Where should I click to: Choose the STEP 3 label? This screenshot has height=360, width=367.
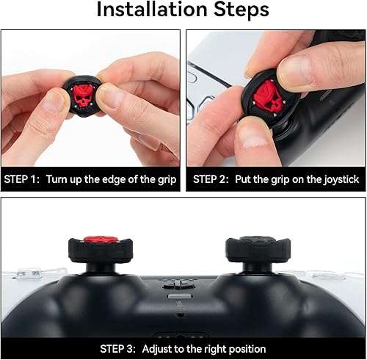coord(120,349)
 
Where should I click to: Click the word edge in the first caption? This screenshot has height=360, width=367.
coord(107,179)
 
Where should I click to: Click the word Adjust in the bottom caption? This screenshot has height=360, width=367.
coord(160,349)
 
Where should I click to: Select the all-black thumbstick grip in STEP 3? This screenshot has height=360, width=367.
coord(253,251)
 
